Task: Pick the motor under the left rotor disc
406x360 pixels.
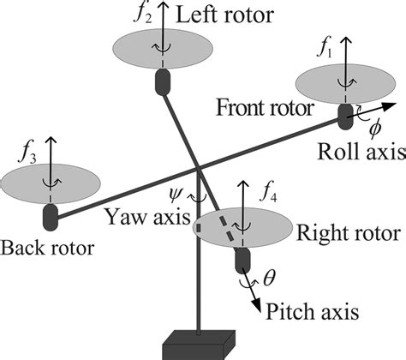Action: tap(161, 81)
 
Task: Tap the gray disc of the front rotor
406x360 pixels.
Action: tap(343, 83)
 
